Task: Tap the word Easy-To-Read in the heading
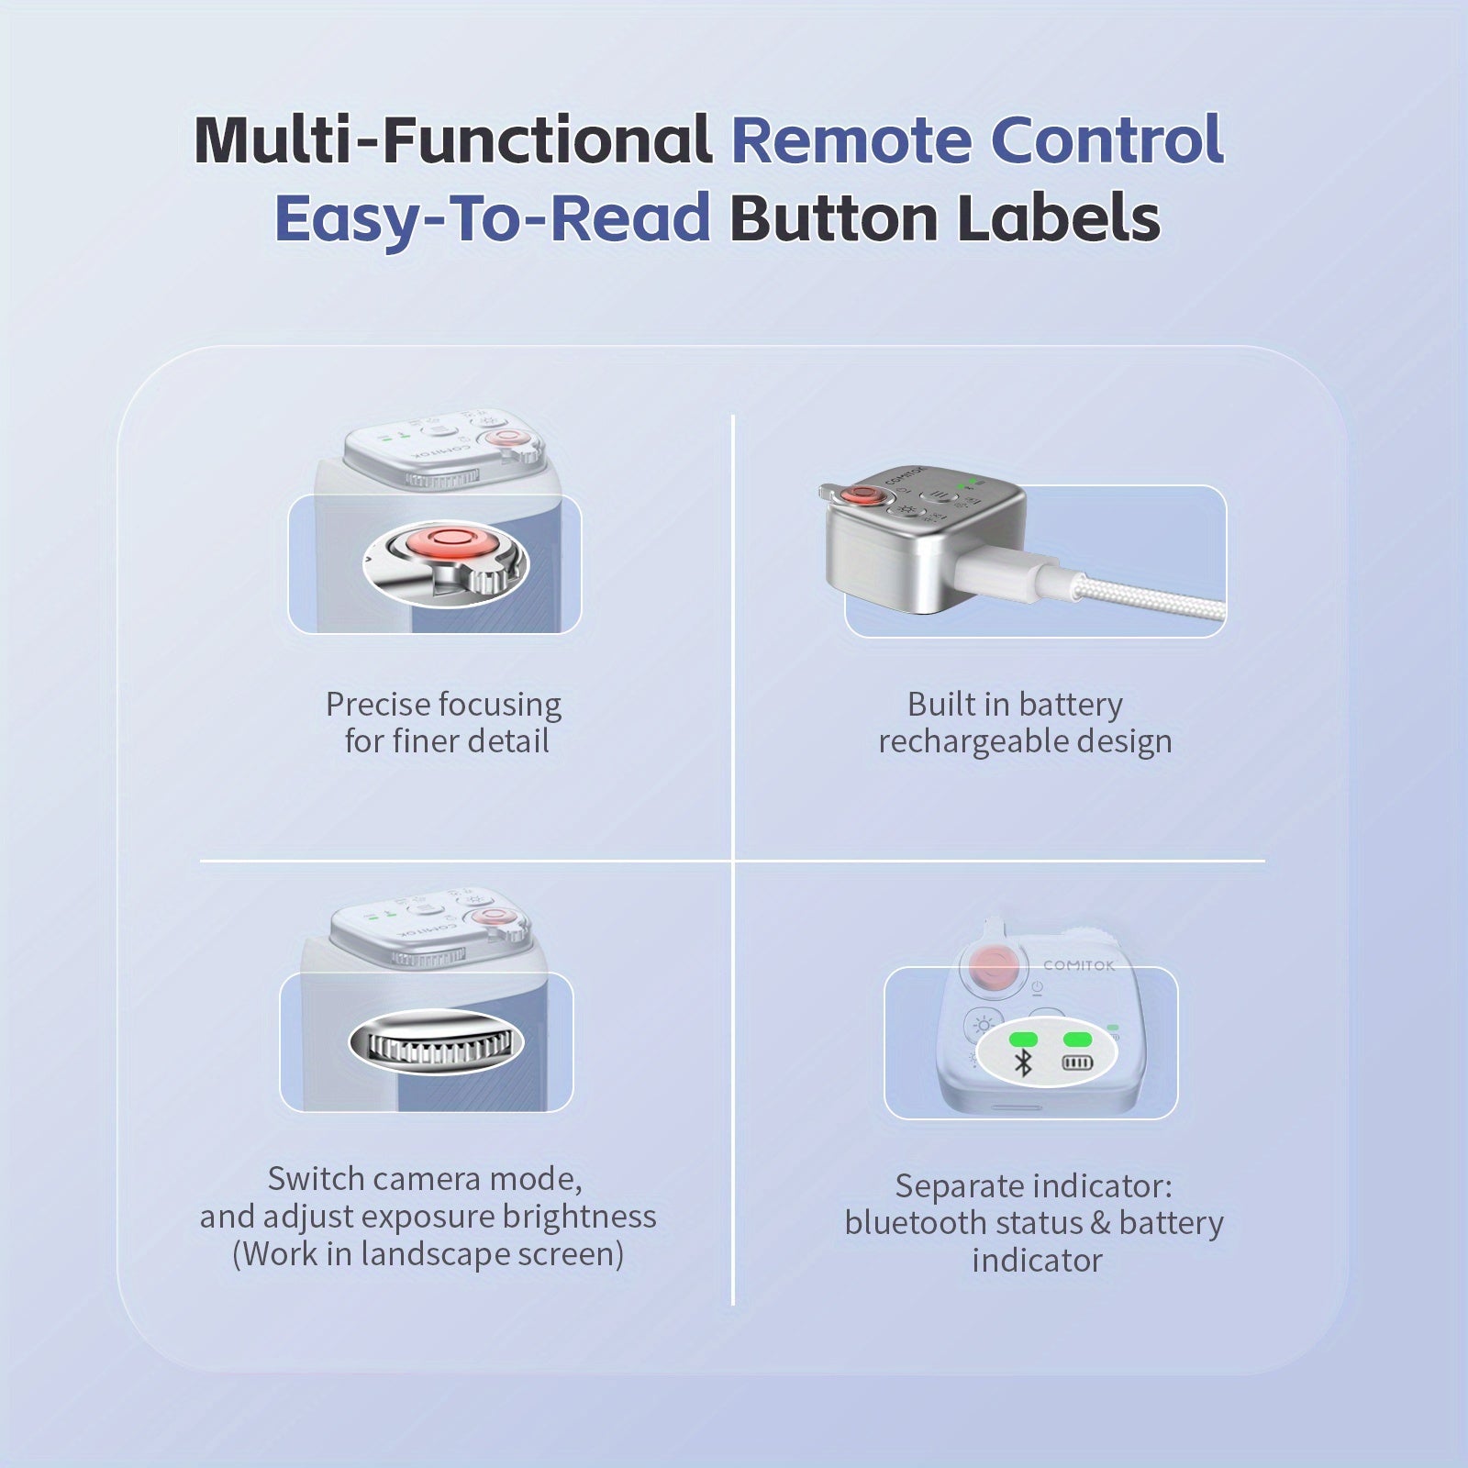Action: (493, 218)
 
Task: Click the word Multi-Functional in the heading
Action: (453, 139)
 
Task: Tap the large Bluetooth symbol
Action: (1023, 1062)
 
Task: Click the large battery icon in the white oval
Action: (1077, 1062)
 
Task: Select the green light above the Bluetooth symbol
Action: (1023, 1040)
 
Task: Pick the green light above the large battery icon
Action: (1077, 1040)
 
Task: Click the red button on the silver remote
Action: (862, 495)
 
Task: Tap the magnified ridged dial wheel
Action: (436, 1043)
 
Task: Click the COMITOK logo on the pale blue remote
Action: (1079, 965)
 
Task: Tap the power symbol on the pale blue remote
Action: (1037, 987)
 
